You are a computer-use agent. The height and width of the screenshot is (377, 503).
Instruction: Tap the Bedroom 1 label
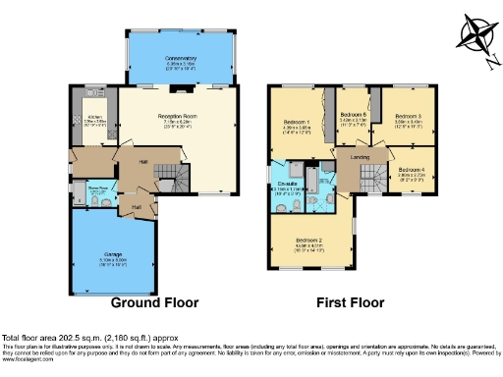point(297,123)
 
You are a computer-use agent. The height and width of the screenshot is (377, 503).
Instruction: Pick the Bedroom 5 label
point(353,115)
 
